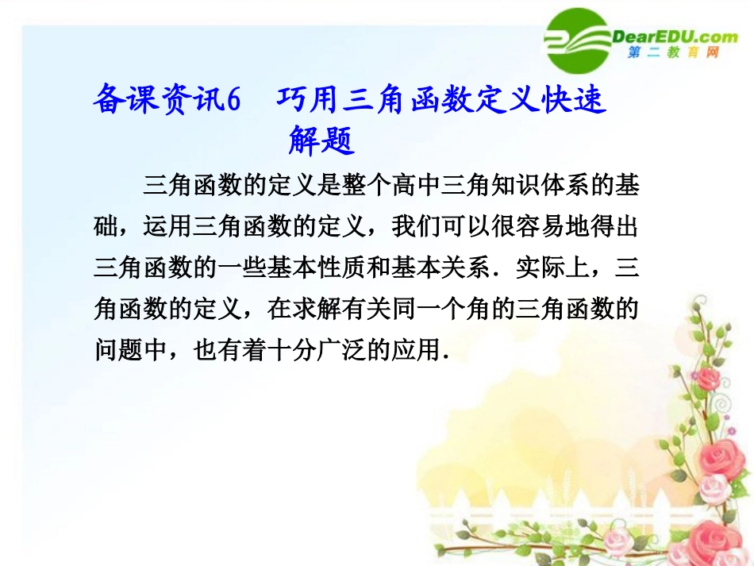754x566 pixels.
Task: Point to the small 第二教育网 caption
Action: coord(672,53)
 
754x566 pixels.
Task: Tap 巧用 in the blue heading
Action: coord(302,102)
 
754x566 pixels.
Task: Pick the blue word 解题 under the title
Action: coord(320,142)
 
